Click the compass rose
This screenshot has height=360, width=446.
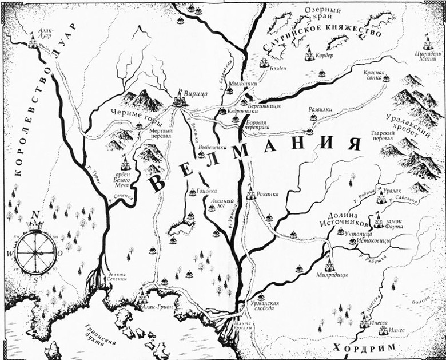click(x=37, y=250)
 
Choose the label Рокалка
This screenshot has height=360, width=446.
click(x=268, y=194)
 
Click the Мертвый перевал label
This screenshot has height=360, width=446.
click(x=161, y=134)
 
